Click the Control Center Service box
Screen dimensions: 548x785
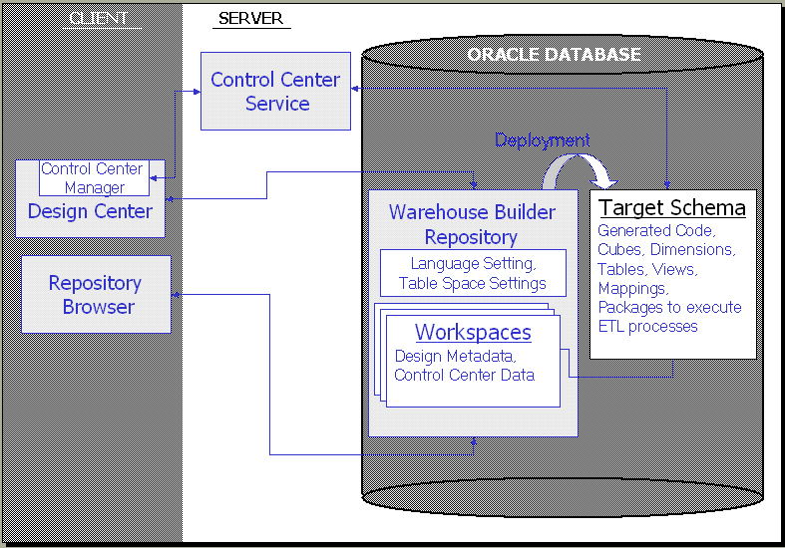(275, 92)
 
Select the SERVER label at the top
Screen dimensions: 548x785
(250, 18)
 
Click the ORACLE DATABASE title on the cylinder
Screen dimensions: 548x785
(554, 54)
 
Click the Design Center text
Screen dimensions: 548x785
(90, 211)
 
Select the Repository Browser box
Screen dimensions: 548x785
(96, 295)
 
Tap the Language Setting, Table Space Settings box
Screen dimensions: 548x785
(473, 273)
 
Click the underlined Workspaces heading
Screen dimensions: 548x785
(473, 332)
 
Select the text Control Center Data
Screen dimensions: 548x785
(464, 375)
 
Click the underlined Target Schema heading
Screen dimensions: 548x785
(672, 207)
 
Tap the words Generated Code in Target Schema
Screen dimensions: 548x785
(655, 230)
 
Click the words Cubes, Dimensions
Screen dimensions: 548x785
(665, 249)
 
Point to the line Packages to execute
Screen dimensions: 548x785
(669, 307)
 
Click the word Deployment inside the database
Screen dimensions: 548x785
(540, 140)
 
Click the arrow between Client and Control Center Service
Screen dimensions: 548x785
(191, 92)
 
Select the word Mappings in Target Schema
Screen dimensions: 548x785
(632, 288)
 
